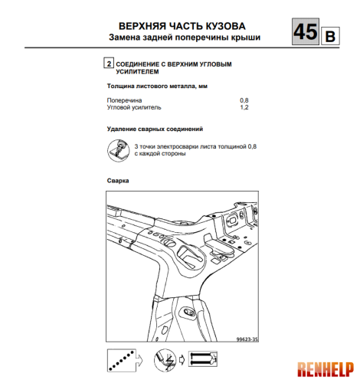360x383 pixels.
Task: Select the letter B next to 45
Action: [x=330, y=36]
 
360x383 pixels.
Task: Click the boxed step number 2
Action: [x=108, y=64]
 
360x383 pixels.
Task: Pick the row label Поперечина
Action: [x=123, y=100]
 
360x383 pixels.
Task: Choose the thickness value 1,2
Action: [x=245, y=108]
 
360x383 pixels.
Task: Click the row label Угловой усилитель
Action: [x=134, y=108]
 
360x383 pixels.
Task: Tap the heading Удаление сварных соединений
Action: [x=152, y=129]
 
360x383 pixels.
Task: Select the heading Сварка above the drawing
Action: [x=117, y=181]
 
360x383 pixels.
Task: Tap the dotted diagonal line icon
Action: [x=119, y=358]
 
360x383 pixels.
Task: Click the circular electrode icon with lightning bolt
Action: [x=163, y=358]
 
